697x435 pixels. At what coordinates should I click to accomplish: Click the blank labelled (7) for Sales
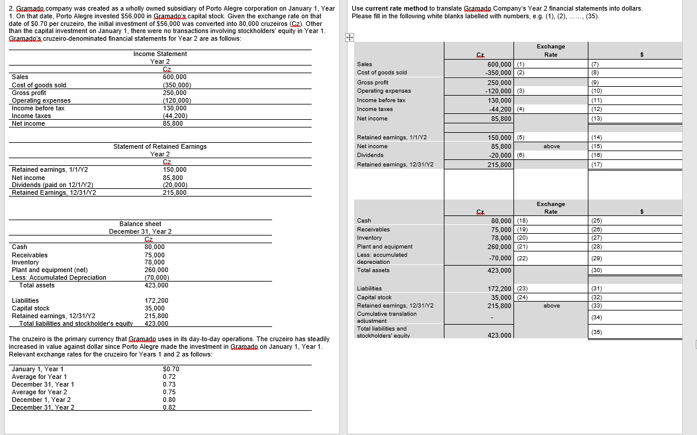pyautogui.click(x=635, y=64)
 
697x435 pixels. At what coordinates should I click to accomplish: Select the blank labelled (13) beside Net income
pyautogui.click(x=635, y=119)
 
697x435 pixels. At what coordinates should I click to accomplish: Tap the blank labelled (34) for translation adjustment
pyautogui.click(x=635, y=318)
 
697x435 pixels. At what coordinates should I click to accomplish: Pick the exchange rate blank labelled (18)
pyautogui.click(x=550, y=221)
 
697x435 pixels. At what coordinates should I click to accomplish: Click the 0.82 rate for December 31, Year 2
pyautogui.click(x=169, y=407)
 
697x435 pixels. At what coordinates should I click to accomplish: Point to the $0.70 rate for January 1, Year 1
pyautogui.click(x=170, y=369)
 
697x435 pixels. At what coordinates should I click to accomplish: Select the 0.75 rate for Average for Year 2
pyautogui.click(x=169, y=392)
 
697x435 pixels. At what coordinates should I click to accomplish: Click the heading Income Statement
pyautogui.click(x=160, y=54)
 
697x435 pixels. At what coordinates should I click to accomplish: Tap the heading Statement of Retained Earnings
pyautogui.click(x=160, y=146)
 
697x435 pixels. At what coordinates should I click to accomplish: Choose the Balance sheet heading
pyautogui.click(x=140, y=224)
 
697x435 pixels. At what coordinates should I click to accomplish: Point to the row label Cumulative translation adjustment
pyautogui.click(x=387, y=317)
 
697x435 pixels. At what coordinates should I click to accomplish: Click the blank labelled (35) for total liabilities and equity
pyautogui.click(x=635, y=332)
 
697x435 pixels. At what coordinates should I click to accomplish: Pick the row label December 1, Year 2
pyautogui.click(x=39, y=400)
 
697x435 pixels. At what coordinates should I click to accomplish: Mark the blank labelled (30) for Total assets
pyautogui.click(x=635, y=270)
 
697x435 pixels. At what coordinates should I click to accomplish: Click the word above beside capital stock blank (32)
pyautogui.click(x=551, y=306)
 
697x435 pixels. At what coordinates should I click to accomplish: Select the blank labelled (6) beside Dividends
pyautogui.click(x=550, y=155)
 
